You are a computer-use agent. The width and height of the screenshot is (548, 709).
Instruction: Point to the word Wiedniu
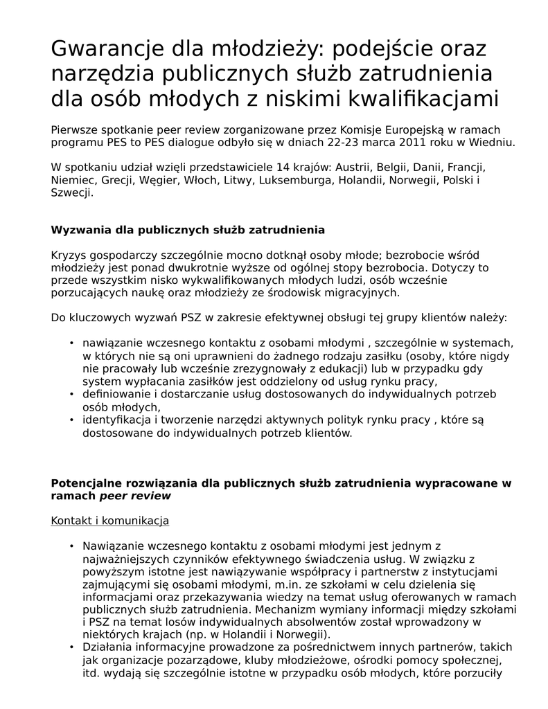(x=491, y=142)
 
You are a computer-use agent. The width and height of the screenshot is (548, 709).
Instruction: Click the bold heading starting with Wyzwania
(x=188, y=229)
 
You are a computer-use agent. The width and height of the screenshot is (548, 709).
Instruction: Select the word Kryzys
(x=68, y=255)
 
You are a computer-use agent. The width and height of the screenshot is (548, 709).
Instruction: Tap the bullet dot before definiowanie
(x=72, y=394)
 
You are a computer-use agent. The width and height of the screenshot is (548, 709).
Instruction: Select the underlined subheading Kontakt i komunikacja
(x=110, y=521)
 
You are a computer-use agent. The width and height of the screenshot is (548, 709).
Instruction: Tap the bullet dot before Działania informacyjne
(x=72, y=647)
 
